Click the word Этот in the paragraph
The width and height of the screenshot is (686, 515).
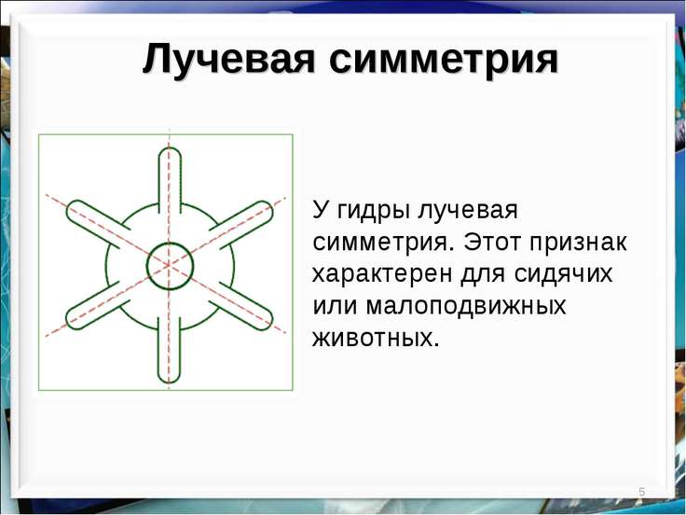492,242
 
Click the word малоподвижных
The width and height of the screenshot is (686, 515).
466,307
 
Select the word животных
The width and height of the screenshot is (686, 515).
376,338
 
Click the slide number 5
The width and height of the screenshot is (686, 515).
642,492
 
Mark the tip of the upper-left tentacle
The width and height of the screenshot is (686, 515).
70,207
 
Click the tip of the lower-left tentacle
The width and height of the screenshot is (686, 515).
70,323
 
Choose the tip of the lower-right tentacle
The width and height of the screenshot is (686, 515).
268,324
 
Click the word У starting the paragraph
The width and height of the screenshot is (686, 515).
320,210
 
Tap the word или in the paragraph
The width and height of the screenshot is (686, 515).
334,307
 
